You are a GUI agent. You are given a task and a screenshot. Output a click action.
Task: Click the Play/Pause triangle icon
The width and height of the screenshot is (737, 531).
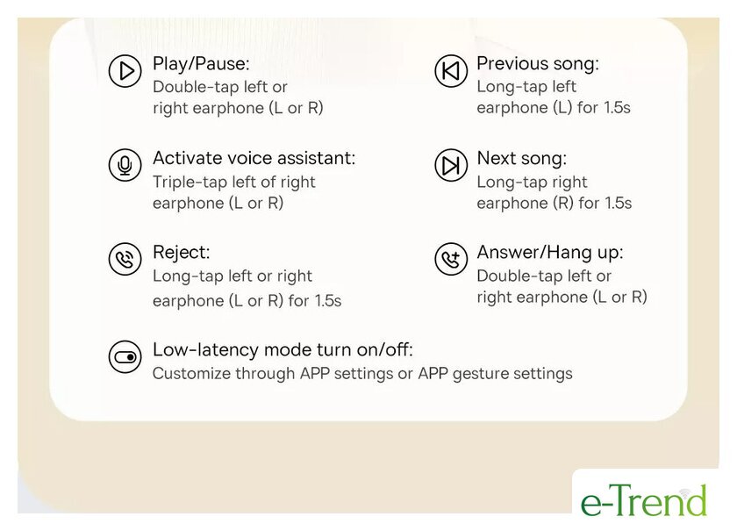(x=125, y=71)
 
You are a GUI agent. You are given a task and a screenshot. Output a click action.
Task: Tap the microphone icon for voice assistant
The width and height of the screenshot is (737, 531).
(x=125, y=165)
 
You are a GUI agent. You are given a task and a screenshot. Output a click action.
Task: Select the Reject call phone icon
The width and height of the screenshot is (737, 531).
(x=125, y=259)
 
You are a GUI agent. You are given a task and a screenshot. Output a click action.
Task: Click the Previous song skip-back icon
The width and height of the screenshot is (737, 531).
(x=451, y=71)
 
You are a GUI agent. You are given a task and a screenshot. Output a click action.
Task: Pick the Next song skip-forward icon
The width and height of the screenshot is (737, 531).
(x=451, y=165)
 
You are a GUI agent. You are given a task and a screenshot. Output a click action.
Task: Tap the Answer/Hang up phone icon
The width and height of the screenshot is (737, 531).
(x=451, y=259)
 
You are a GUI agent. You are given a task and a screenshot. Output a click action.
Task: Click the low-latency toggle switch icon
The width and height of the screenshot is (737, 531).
(x=125, y=357)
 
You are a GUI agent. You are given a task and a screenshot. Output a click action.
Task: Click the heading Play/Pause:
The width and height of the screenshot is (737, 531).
(x=201, y=64)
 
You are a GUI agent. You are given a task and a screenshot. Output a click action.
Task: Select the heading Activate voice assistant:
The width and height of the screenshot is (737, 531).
(x=254, y=158)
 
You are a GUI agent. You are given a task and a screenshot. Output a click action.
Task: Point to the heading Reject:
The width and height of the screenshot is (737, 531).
(x=182, y=253)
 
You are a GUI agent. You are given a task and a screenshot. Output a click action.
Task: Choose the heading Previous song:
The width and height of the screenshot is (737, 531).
(x=538, y=63)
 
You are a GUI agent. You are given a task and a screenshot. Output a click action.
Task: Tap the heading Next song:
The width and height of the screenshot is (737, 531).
(x=522, y=159)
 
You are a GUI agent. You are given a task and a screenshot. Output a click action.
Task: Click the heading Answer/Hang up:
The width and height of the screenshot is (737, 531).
(x=550, y=253)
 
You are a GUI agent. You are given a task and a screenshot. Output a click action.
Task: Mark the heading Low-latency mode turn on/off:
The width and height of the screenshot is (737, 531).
(x=283, y=350)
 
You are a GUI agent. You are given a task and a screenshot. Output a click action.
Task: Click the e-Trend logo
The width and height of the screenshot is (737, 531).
(x=644, y=500)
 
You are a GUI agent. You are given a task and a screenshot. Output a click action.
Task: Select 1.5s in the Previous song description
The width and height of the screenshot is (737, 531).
(x=617, y=108)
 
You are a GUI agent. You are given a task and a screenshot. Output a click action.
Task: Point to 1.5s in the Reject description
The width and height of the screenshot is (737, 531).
(x=328, y=301)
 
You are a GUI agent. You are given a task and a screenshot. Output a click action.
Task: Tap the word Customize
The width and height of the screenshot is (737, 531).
(x=192, y=373)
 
